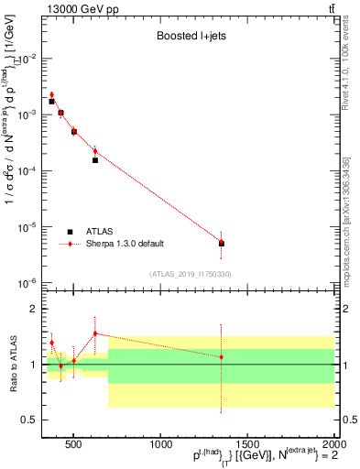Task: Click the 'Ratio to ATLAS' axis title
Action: click(13, 365)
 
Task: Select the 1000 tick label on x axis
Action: click(159, 444)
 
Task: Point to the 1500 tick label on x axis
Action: click(246, 444)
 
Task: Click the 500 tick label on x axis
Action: click(74, 444)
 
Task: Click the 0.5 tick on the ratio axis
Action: click(29, 420)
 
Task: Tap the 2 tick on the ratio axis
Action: click(33, 310)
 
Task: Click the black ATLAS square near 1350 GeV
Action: click(222, 244)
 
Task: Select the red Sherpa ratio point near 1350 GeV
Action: click(222, 356)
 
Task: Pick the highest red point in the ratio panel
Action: click(94, 333)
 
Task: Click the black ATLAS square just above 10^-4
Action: click(94, 160)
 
